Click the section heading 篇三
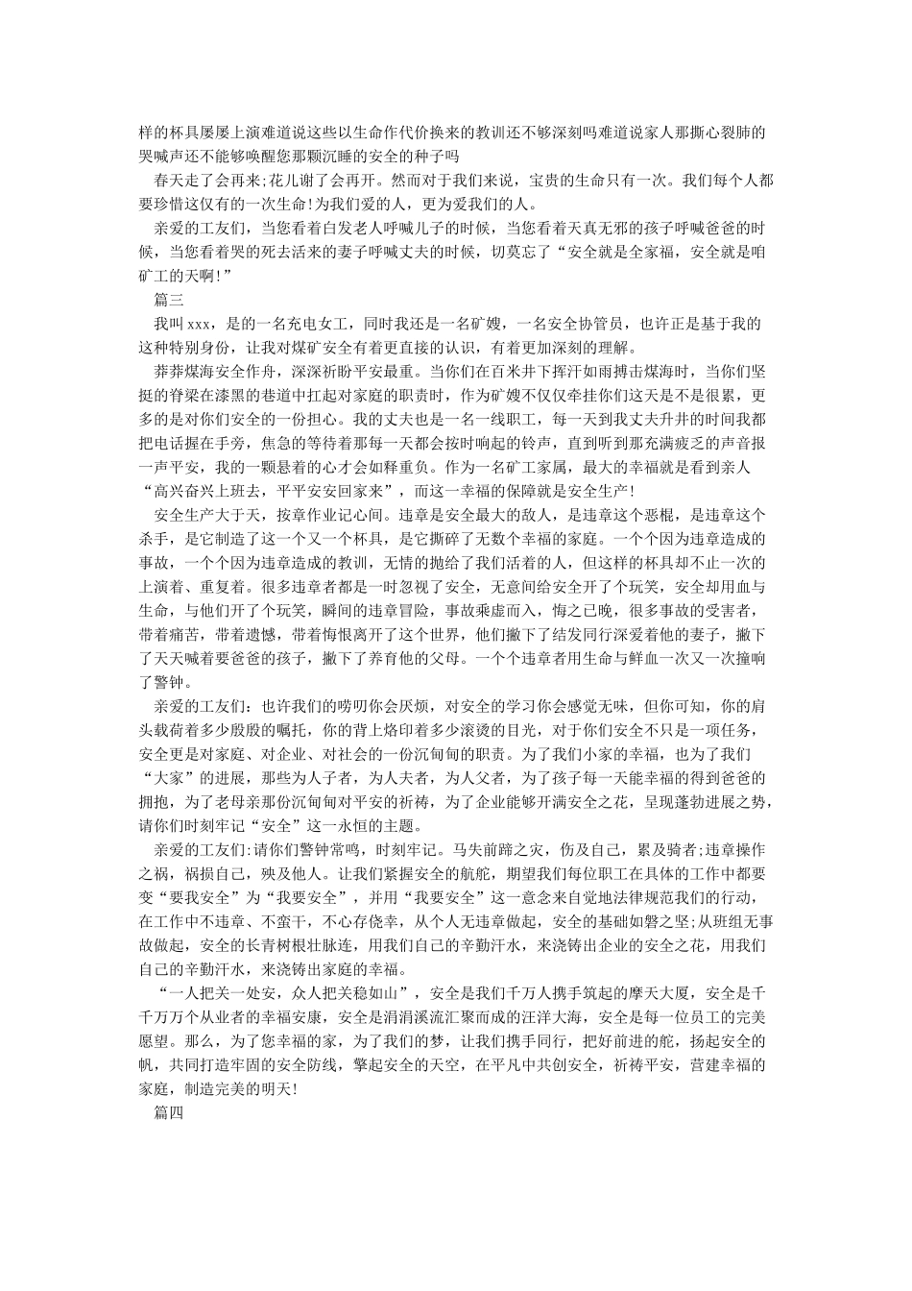tap(156, 299)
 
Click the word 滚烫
tap(514, 730)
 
